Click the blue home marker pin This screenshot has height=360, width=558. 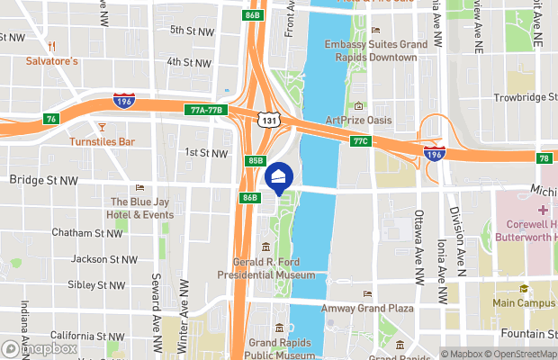(279, 177)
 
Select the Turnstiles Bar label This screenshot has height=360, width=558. (103, 141)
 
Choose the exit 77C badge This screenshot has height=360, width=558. (361, 140)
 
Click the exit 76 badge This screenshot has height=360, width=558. (51, 118)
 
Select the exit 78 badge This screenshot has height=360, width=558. (544, 158)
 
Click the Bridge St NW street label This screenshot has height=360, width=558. (44, 180)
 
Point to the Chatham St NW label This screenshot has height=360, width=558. (86, 232)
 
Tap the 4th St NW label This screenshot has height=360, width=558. (190, 61)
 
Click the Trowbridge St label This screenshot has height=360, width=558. (525, 97)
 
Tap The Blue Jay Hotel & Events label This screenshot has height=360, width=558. (141, 208)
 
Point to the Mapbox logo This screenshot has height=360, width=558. (41, 348)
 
